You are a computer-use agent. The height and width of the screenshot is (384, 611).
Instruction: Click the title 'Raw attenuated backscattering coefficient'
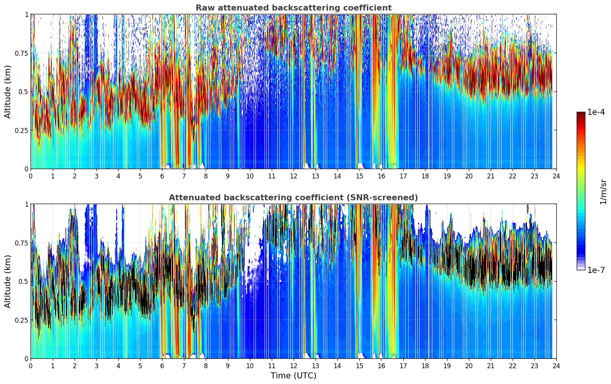293,8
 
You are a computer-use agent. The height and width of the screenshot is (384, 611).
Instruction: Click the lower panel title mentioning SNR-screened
293,198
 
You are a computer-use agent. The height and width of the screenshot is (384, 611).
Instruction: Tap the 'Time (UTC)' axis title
293,375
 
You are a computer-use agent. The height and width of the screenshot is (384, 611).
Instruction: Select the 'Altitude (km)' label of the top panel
8,91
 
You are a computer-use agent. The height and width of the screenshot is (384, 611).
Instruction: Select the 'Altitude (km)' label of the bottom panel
8,281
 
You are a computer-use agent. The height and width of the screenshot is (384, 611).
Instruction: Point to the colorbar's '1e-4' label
596,112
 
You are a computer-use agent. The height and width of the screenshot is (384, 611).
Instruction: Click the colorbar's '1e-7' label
596,270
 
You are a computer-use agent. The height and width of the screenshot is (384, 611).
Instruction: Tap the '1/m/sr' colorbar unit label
603,191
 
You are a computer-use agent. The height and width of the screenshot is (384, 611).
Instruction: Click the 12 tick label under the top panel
294,176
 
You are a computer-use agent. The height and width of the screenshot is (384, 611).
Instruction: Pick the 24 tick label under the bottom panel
556,366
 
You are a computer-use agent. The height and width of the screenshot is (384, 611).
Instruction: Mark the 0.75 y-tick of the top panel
21,53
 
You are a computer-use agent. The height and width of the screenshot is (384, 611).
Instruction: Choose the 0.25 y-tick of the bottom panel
21,320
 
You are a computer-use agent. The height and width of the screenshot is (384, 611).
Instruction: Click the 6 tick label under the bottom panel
162,366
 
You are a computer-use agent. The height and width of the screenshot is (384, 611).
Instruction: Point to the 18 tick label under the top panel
425,176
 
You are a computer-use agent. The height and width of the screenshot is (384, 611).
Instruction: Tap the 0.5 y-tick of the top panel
23,91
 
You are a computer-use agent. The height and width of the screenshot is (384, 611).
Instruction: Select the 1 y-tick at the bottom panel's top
26,204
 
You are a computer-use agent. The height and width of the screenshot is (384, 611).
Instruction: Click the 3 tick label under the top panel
96,176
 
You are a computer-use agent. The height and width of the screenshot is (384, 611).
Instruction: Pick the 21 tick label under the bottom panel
490,366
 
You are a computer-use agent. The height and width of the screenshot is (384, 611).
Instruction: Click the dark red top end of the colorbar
581,114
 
